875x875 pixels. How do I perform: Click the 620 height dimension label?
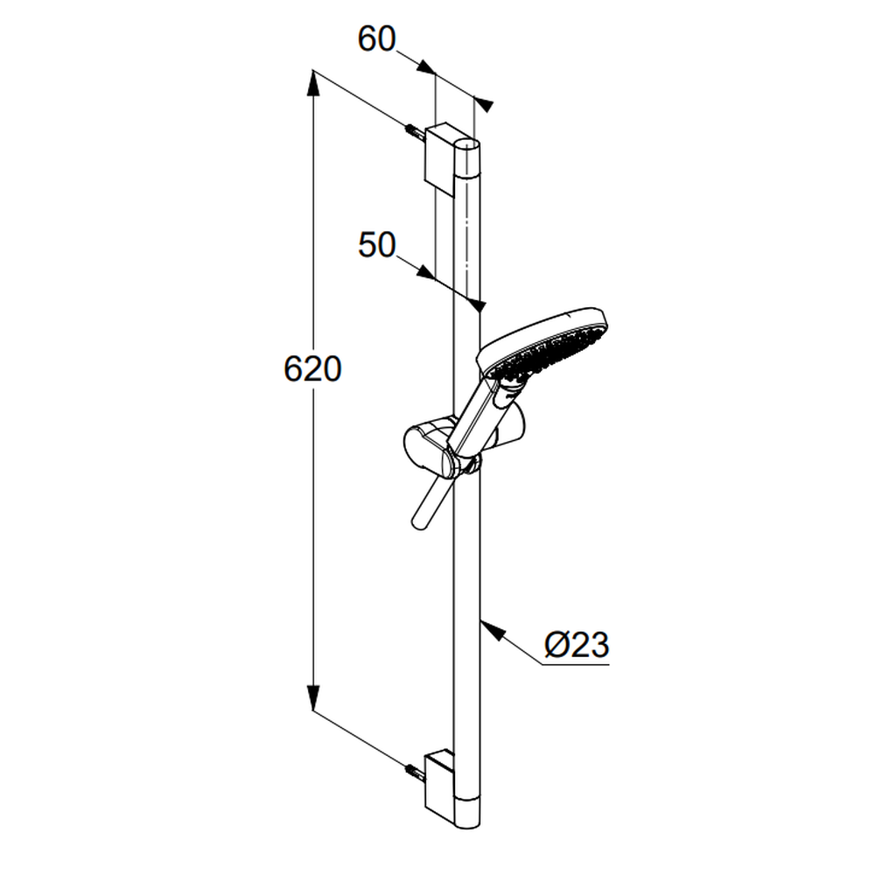pos(312,369)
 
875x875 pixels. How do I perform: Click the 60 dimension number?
pos(376,39)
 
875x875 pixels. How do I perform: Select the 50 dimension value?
pos(376,245)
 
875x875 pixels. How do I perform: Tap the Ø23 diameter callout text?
pos(577,645)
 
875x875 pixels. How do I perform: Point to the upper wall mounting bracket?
pos(440,158)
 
